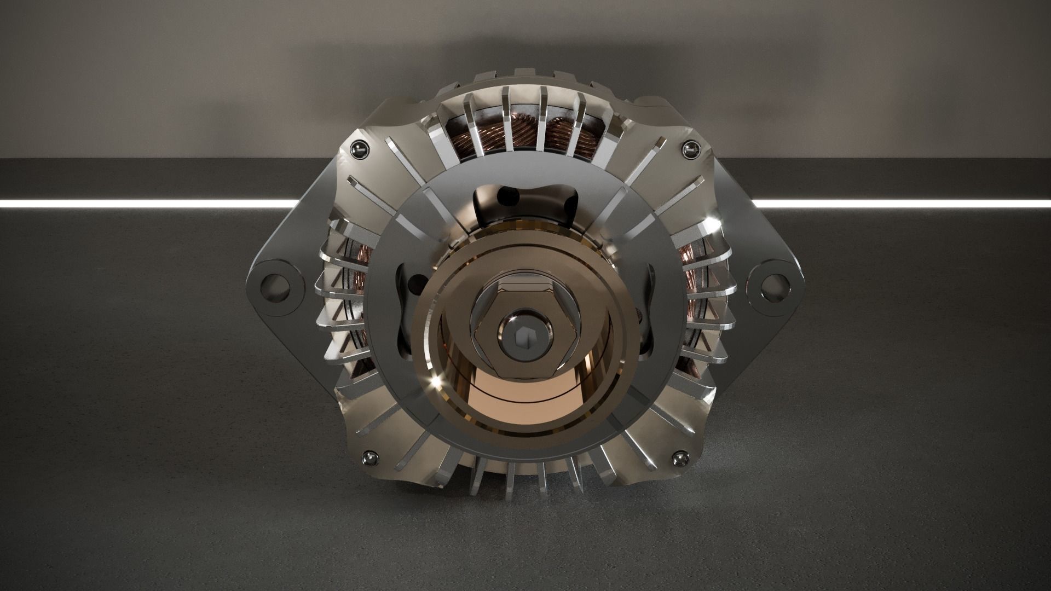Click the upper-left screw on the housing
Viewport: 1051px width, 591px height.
[x=360, y=149]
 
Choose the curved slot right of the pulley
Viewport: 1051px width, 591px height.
[x=648, y=306]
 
